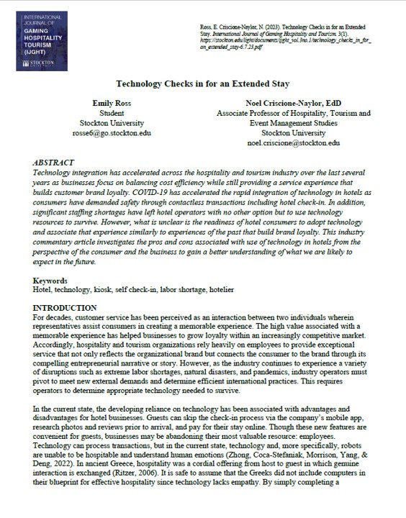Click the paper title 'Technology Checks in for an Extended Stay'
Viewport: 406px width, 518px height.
pos(203,83)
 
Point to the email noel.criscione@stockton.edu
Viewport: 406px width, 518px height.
pos(293,143)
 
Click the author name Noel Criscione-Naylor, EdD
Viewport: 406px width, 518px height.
pos(293,103)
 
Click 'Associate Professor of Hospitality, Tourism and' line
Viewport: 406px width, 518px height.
pos(293,113)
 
